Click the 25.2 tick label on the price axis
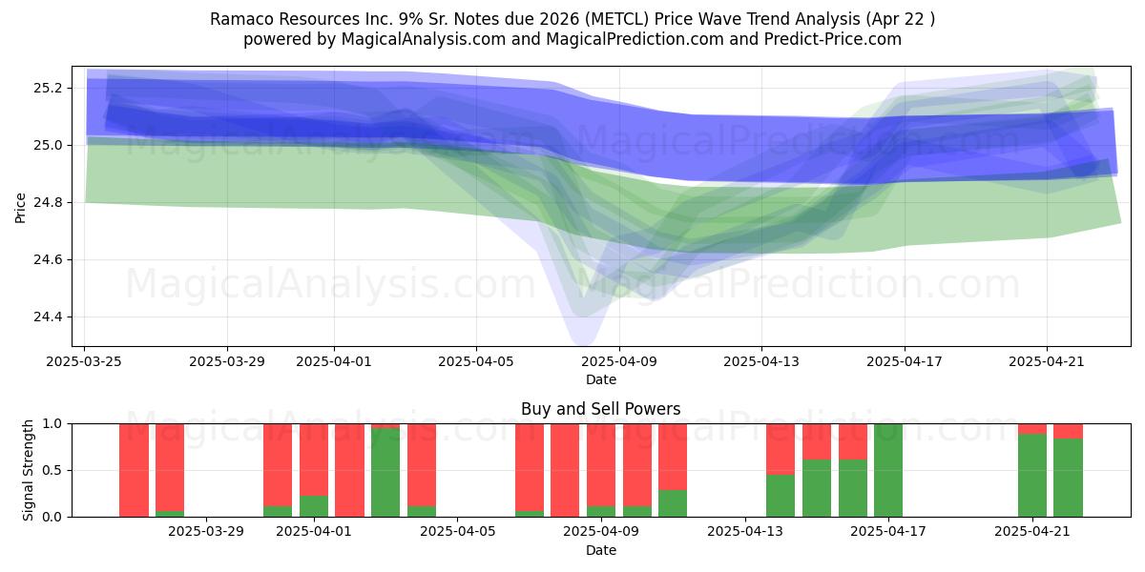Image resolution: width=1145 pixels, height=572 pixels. (x=48, y=89)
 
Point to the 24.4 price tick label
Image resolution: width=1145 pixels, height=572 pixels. (x=48, y=317)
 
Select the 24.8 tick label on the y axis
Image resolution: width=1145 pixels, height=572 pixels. (x=48, y=203)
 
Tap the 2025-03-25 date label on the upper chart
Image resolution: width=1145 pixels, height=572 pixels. (x=84, y=361)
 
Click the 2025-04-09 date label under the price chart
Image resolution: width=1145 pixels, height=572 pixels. (x=619, y=361)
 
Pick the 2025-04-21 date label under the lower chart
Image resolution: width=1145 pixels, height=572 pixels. (x=1032, y=532)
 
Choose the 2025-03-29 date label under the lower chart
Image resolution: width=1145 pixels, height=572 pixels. (x=206, y=532)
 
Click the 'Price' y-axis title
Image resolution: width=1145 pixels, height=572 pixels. (x=20, y=208)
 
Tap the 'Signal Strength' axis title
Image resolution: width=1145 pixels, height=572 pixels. (x=28, y=470)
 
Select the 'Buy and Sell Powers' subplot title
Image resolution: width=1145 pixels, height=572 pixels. (x=600, y=409)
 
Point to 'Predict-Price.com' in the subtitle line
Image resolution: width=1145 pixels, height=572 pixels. (x=833, y=39)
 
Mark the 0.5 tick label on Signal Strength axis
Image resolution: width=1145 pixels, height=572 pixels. (x=51, y=470)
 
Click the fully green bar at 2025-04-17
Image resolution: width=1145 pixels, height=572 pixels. (x=888, y=470)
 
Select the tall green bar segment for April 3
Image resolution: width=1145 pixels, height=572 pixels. (x=385, y=473)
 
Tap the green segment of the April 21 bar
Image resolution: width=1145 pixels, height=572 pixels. (x=1032, y=475)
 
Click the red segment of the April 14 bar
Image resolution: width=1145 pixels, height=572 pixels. (x=781, y=449)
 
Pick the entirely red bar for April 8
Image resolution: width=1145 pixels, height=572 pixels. (x=565, y=470)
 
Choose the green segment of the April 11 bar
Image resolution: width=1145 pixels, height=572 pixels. (x=673, y=503)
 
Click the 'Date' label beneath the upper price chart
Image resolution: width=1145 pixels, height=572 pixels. (x=600, y=380)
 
